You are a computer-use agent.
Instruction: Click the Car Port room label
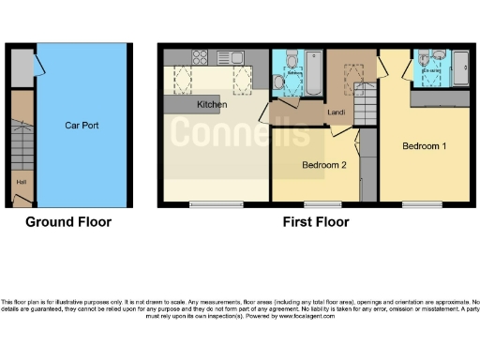(x=82, y=124)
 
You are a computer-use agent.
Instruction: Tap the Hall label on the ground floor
(x=21, y=182)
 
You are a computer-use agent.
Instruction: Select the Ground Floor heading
(x=67, y=222)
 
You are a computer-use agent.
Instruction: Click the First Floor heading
(x=316, y=222)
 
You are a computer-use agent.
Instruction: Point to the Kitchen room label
(x=211, y=105)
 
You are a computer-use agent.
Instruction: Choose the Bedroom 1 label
(x=424, y=146)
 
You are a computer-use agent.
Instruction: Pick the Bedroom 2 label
(x=323, y=165)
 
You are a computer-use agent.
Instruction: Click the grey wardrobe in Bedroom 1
(x=441, y=98)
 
